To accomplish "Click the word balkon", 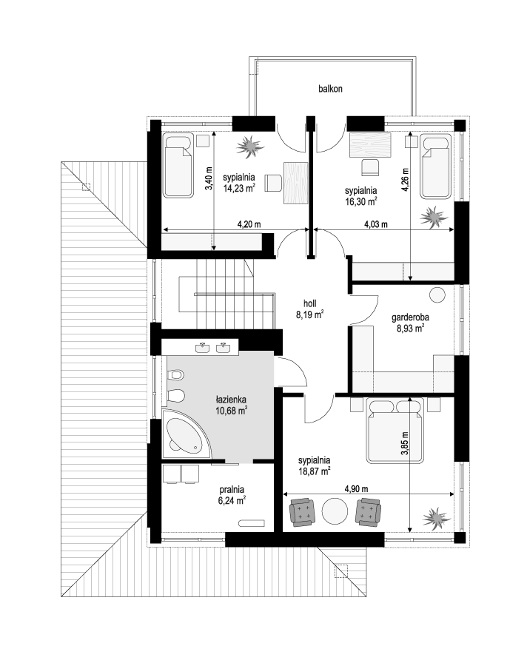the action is (330, 89).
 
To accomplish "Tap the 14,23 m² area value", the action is (239, 188).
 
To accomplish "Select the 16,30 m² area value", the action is (360, 202).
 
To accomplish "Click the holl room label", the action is (310, 303).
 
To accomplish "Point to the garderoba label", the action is (410, 317).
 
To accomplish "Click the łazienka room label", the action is (231, 399).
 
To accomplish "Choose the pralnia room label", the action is (232, 490).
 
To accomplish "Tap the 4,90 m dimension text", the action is (356, 489).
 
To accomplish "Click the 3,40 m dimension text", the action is (209, 179).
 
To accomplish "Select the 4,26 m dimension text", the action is (405, 181).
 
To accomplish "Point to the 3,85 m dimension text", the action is (404, 443).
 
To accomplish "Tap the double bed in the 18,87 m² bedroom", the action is (395, 431).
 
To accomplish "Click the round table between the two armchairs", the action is (335, 511).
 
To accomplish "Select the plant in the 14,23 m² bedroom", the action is (250, 147).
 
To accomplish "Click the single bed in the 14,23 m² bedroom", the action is (178, 166).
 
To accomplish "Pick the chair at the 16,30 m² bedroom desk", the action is (370, 166).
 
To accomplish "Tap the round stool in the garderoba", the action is (437, 295).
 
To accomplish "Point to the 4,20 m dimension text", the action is (249, 224).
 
